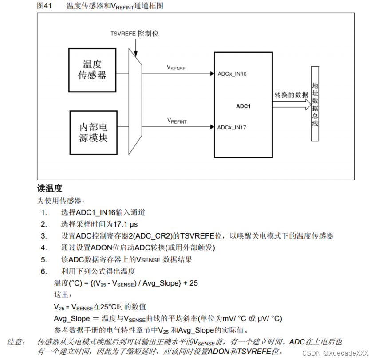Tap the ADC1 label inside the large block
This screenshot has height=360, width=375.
pos(243,106)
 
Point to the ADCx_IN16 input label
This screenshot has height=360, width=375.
pos(232,74)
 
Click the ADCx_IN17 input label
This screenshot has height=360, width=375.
pos(232,128)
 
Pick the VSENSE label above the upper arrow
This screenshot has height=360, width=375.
pos(176,67)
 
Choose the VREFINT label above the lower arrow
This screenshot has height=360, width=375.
pos(177,121)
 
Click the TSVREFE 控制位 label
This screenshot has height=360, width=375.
pos(134,34)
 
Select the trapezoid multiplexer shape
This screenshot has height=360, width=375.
pos(135,102)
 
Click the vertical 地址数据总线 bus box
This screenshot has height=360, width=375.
pos(315,104)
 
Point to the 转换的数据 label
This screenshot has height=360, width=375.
pos(291,95)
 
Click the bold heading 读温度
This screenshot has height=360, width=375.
pos(50,188)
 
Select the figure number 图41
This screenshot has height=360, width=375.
pos(45,6)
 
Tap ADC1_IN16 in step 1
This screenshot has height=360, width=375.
pos(98,212)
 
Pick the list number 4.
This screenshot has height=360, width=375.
pos(43,247)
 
